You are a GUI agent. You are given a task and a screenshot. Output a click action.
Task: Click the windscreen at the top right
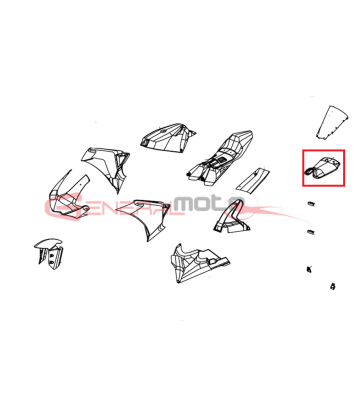click(x=332, y=122)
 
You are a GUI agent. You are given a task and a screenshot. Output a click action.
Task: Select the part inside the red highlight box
click(x=323, y=167)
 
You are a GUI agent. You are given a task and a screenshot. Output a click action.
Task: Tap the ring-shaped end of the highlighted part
click(x=311, y=170)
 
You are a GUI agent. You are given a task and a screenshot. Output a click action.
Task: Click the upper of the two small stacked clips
click(x=311, y=203)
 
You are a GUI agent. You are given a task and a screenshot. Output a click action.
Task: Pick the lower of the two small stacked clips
click(x=311, y=231)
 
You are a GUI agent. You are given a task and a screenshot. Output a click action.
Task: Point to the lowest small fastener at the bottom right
click(x=333, y=286)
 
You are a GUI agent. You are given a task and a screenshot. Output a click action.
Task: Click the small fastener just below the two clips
click(x=309, y=269)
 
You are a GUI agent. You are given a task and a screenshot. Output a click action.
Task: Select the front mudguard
click(x=49, y=253)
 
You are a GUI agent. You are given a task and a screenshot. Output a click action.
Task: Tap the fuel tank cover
click(x=167, y=137)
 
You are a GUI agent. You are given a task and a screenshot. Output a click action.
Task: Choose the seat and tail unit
click(x=218, y=157)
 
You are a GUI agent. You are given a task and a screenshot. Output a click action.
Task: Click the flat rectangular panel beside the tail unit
click(x=254, y=180)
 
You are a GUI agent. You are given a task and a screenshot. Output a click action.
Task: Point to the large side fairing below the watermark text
click(x=147, y=218)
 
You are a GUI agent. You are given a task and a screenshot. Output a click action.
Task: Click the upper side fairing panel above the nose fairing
click(x=108, y=165)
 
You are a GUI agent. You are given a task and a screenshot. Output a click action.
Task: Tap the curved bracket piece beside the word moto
click(x=230, y=218)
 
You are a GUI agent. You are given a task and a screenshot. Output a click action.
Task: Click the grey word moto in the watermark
click(x=209, y=204)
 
